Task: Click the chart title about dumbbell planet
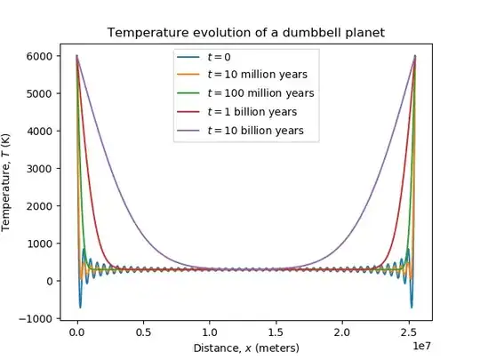(247, 32)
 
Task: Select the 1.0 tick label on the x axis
(210, 331)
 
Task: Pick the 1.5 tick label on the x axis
(276, 331)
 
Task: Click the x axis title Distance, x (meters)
(247, 347)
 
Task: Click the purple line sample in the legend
(189, 130)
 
